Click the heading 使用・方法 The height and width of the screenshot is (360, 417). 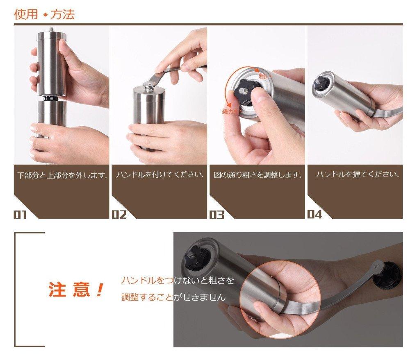point(44,15)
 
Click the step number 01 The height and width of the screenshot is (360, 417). point(20,214)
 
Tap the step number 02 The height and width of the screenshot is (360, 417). point(119,214)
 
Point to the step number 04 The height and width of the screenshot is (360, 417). point(314,214)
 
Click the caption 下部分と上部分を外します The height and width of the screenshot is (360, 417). point(62,175)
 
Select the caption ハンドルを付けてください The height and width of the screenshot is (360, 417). point(160,175)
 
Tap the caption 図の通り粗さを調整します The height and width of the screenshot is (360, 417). point(257,175)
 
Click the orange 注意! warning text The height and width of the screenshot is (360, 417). point(76,290)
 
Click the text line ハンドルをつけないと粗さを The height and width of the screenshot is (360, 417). point(178,281)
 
